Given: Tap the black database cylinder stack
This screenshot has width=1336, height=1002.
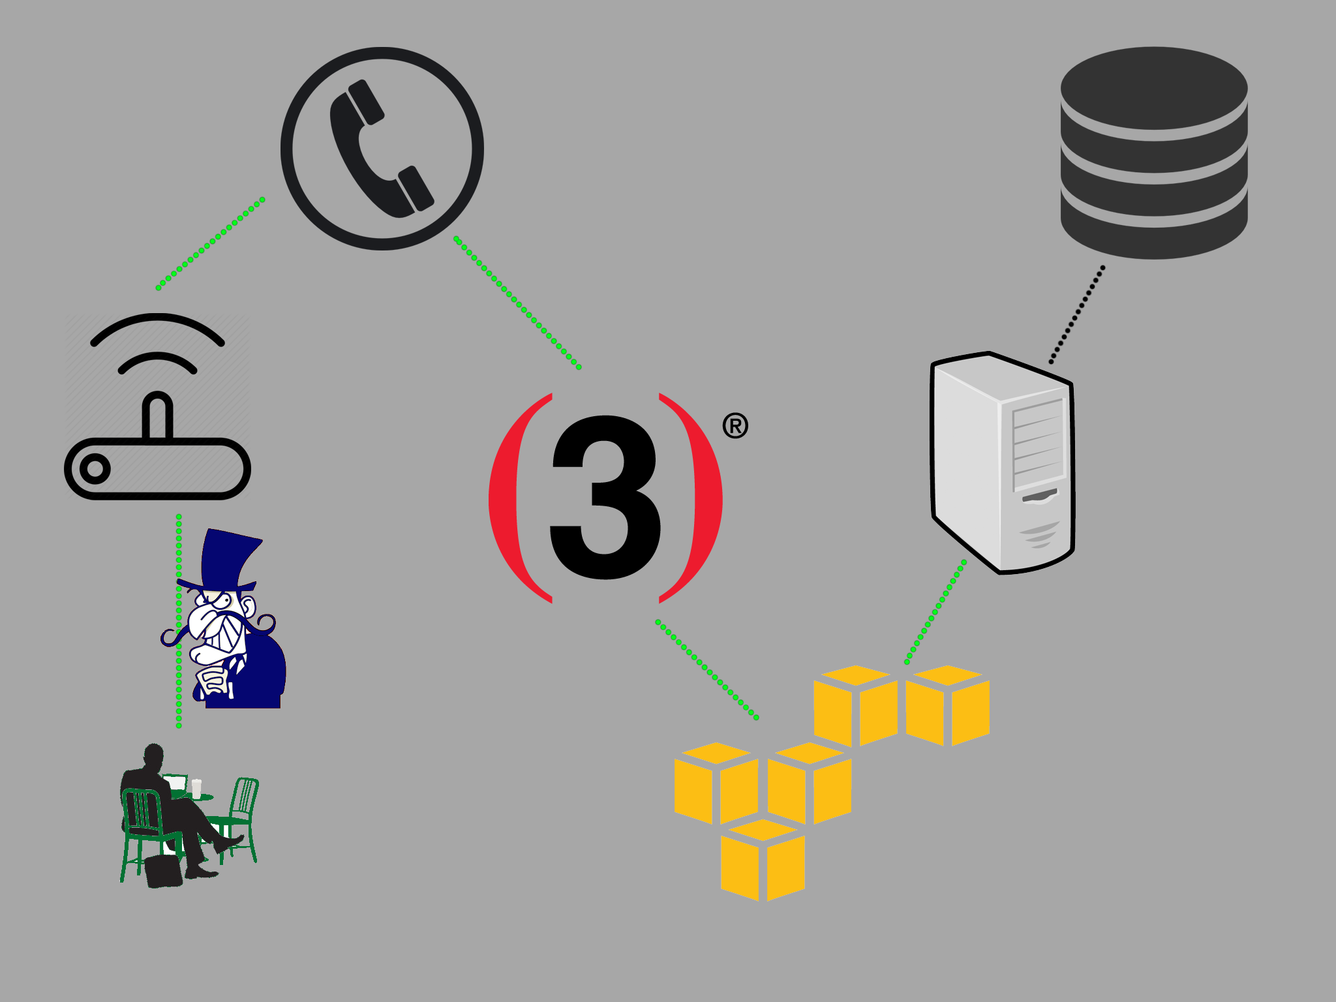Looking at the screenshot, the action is (x=1154, y=153).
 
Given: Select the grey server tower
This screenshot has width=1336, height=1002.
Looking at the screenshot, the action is (x=1002, y=463).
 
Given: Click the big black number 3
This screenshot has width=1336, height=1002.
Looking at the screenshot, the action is (x=605, y=497).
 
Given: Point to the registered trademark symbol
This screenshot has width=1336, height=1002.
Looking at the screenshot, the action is (x=735, y=425).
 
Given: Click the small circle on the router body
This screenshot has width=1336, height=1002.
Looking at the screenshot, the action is (x=95, y=468).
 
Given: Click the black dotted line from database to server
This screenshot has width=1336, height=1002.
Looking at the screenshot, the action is (x=1077, y=314).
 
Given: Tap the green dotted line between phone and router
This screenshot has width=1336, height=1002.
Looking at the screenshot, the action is (x=210, y=243).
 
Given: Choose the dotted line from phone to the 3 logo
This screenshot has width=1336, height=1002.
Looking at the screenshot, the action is (x=517, y=303).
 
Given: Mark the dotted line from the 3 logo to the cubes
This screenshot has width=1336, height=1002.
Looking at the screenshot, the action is (x=707, y=670).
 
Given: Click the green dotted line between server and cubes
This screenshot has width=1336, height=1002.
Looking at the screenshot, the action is (x=935, y=612).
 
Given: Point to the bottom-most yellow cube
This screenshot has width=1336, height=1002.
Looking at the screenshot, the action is (x=763, y=860).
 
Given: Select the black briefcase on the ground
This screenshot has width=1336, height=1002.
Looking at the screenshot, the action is (x=163, y=872).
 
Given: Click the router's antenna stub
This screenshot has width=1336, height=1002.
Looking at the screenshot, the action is (x=157, y=416).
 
